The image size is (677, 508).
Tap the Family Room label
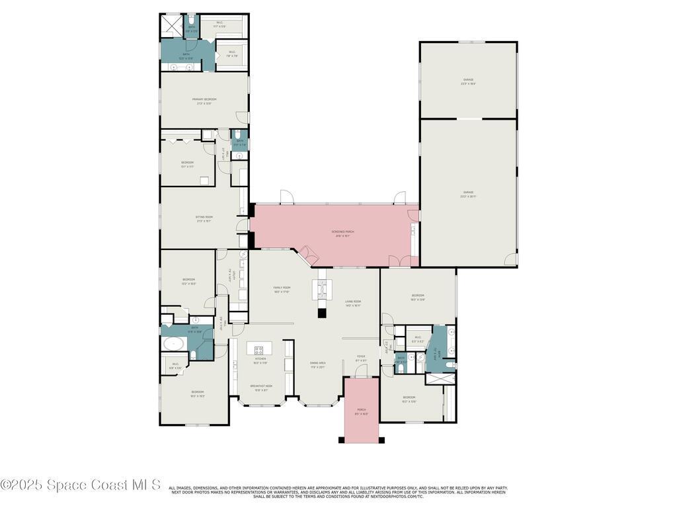(282, 289)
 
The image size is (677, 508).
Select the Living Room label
(353, 304)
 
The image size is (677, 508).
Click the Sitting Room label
(204, 218)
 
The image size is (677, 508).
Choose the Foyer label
(361, 357)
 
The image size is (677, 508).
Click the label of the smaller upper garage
(468, 81)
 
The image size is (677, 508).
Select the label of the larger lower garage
(468, 194)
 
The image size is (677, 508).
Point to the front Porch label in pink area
(361, 411)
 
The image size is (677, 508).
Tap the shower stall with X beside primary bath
(172, 26)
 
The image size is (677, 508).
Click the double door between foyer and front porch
(361, 378)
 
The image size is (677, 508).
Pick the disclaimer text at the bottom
(338, 491)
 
